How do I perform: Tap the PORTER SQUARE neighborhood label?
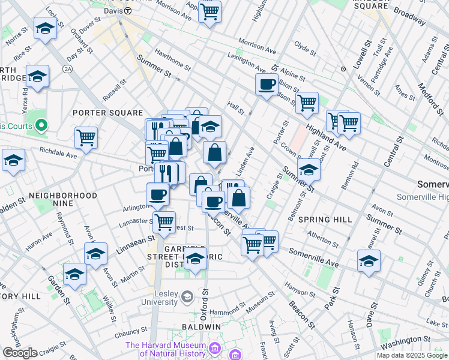tap(107, 113)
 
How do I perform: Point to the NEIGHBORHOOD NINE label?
tap(62, 196)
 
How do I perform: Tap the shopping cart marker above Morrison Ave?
tap(209, 11)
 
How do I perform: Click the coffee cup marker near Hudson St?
tap(267, 84)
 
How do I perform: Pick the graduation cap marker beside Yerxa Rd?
tap(37, 77)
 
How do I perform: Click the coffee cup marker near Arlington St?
tap(158, 194)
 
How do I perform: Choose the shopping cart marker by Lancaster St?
tap(163, 222)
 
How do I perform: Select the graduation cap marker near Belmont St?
tap(309, 170)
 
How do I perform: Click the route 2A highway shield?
tap(69, 70)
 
